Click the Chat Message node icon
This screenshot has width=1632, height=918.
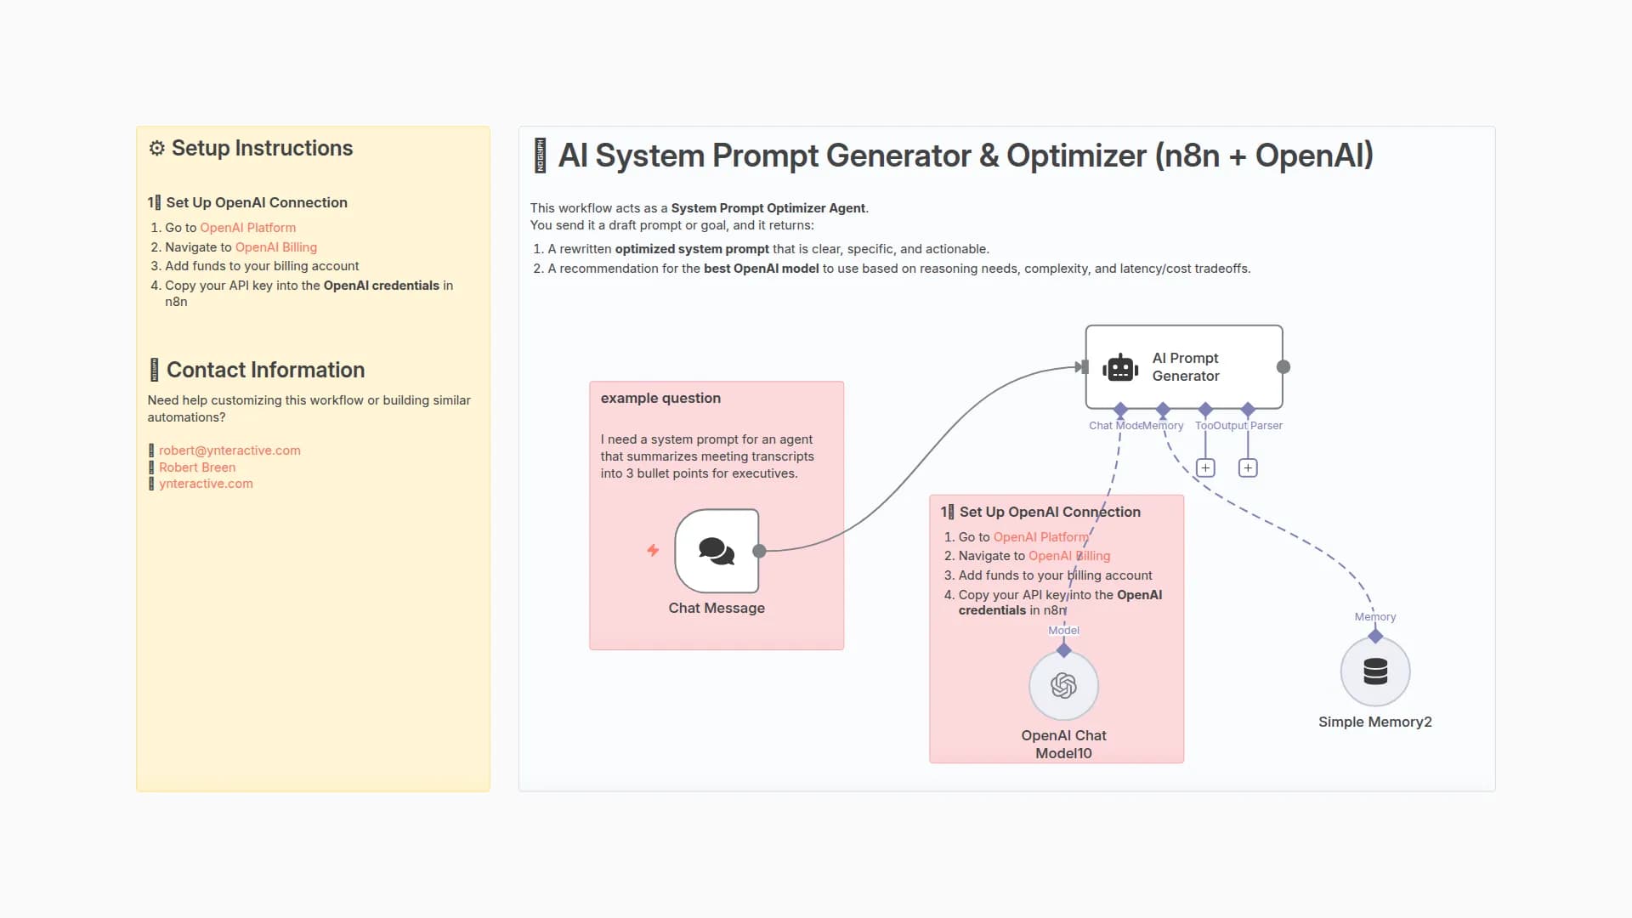coord(717,551)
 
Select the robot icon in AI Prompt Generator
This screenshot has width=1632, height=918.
coord(1120,367)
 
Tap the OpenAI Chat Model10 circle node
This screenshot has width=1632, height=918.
coord(1063,685)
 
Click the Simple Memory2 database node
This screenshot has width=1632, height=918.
coord(1374,671)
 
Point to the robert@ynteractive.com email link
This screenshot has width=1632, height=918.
coord(229,450)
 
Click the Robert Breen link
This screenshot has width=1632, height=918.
coord(197,467)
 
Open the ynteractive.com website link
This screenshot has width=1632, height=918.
coord(206,484)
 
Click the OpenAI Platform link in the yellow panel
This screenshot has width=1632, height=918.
coord(248,228)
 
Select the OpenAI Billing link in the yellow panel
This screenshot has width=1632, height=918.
coord(276,247)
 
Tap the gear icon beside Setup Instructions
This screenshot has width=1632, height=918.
coord(157,148)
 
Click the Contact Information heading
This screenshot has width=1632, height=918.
coord(265,370)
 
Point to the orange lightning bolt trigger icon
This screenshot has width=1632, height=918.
coord(653,551)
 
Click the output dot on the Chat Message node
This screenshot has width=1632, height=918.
coord(760,551)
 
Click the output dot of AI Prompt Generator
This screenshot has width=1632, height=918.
coord(1283,367)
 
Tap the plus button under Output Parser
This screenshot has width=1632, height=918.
coord(1248,467)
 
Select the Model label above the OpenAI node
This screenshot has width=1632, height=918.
coord(1063,630)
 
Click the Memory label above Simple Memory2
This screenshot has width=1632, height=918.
coord(1374,617)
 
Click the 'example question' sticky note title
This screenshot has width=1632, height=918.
coord(660,398)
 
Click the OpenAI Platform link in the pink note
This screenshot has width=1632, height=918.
coord(1040,537)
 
